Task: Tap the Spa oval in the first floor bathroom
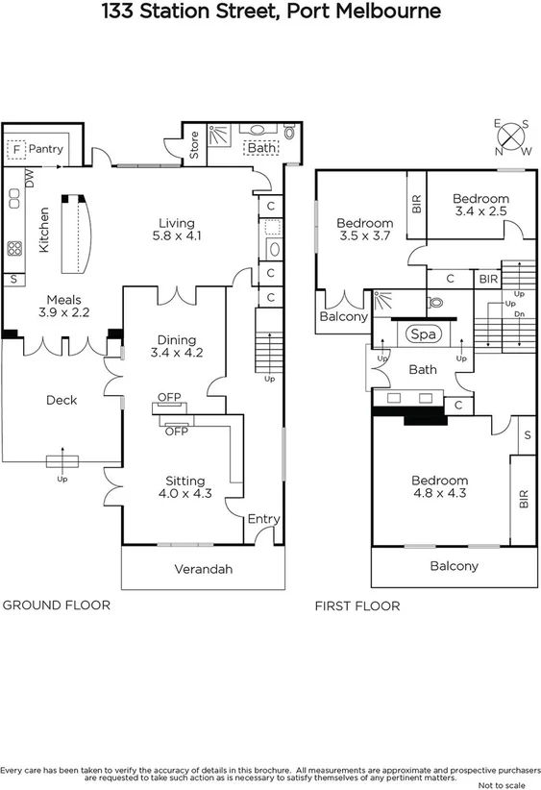pos(420,334)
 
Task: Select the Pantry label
pos(45,149)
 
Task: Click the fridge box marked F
pos(16,150)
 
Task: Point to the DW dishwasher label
pos(30,178)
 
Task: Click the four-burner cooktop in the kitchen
pos(15,248)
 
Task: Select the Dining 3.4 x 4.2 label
pos(174,346)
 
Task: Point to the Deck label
pos(61,400)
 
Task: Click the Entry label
pos(263,519)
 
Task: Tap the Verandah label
pos(203,569)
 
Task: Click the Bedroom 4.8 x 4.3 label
pos(439,487)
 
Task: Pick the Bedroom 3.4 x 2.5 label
pos(481,205)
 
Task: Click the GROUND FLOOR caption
pos(57,605)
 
